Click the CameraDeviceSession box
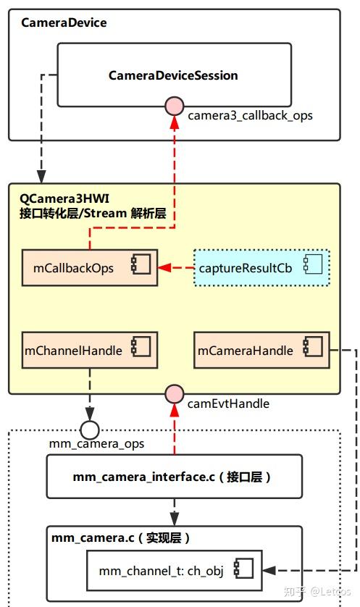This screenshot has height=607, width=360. (x=174, y=75)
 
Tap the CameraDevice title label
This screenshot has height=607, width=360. (x=64, y=22)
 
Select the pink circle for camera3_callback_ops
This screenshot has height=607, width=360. (x=174, y=107)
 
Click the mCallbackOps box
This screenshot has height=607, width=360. (x=89, y=267)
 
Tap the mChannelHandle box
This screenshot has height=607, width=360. (x=89, y=351)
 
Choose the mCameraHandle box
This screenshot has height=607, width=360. (x=261, y=351)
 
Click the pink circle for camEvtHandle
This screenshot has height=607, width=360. (x=174, y=394)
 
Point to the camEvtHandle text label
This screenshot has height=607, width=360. (x=228, y=403)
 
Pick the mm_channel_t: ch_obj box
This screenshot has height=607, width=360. (x=174, y=570)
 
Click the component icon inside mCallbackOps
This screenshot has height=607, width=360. (x=140, y=266)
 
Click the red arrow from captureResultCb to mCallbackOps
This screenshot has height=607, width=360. (x=176, y=267)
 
